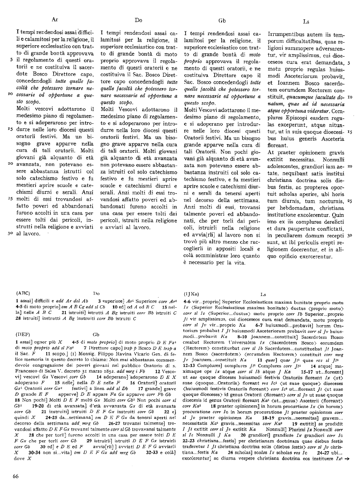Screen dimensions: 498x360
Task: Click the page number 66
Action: pyautogui.click(x=16, y=476)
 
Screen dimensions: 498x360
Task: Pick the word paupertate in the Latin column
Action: pyautogui.click(x=302, y=228)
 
